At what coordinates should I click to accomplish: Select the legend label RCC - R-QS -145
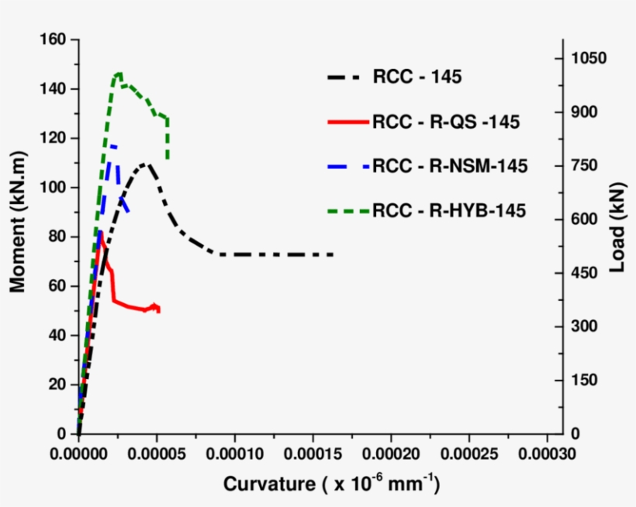[445, 122]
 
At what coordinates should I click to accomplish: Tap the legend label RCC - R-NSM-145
[450, 166]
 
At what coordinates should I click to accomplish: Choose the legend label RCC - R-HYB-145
[449, 210]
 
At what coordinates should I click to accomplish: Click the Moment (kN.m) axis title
[17, 236]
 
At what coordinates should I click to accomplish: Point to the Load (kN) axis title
[617, 236]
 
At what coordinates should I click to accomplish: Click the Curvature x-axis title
[332, 485]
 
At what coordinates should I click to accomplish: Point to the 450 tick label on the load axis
[587, 273]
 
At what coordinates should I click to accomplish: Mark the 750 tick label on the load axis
[587, 166]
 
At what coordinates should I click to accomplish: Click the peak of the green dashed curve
[119, 74]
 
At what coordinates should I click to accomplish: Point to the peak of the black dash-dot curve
[145, 164]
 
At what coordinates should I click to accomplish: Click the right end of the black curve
[334, 254]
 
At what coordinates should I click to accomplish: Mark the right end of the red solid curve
[159, 309]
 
